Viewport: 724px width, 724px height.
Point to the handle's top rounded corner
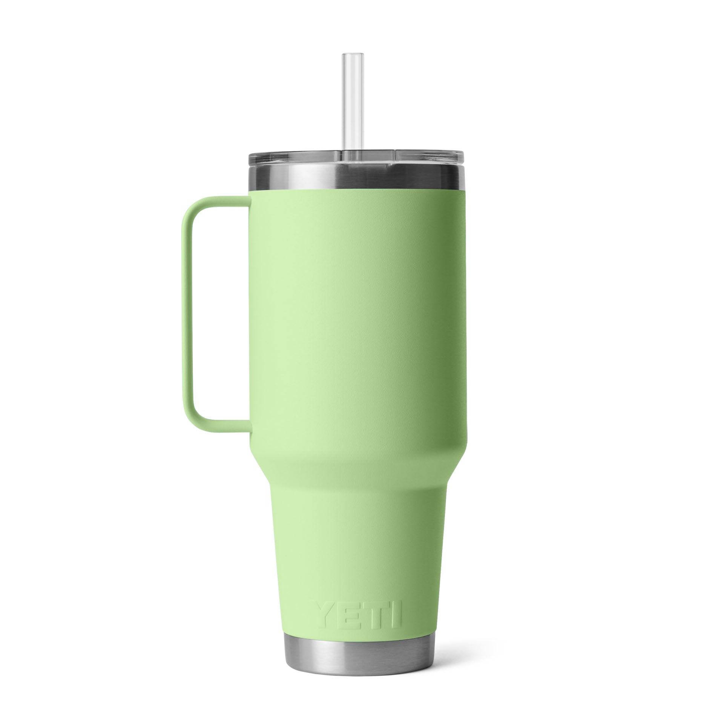coord(191,207)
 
